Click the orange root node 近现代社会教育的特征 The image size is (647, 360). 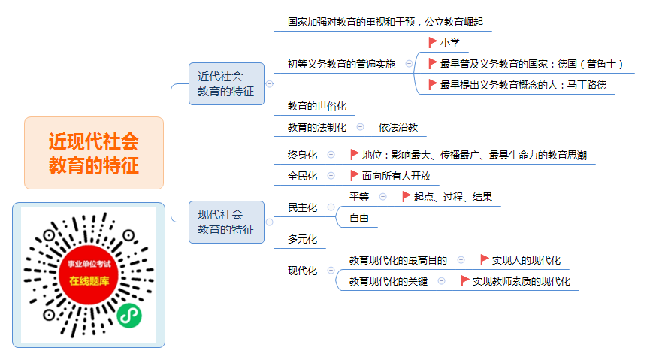pos(94,153)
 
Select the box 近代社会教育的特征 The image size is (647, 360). pos(226,84)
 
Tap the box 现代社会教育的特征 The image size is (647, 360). pos(226,222)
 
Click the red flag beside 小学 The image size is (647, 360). pos(432,43)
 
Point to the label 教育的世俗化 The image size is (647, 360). pos(317,106)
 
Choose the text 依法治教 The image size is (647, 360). pos(398,127)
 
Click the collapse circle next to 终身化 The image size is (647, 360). pos(331,155)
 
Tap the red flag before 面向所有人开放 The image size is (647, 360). pos(354,176)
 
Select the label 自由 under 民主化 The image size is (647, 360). pos(359,218)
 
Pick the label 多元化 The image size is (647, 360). pos(302,239)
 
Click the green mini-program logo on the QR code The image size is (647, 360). pos(129,316)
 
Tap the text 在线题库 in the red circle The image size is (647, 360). pos(89,281)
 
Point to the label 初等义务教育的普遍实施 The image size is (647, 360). pos(341,64)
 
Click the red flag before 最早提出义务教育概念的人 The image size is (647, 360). pos(432,85)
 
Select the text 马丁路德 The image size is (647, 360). pos(587,85)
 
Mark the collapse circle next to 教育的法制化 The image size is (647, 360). pos(360,127)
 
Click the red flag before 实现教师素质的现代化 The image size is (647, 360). pos(464,281)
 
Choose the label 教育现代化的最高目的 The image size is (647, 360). pos(398,260)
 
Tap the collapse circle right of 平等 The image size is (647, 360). pos(383,196)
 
